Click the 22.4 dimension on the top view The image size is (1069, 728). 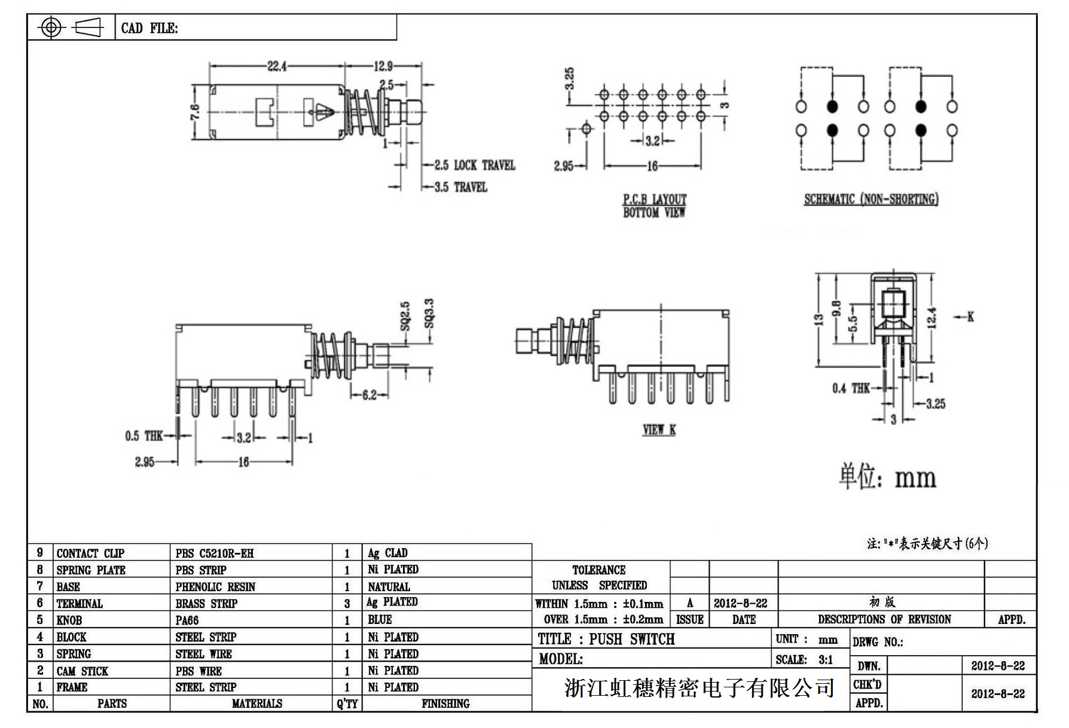point(277,66)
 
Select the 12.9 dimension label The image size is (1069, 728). point(383,66)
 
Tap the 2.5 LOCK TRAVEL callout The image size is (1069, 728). point(475,166)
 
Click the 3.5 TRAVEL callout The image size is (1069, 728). point(461,188)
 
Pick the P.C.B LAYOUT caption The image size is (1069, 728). point(655,200)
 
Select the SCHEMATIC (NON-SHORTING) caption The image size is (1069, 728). point(871,200)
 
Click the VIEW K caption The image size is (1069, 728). point(659,430)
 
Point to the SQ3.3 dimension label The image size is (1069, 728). point(429,313)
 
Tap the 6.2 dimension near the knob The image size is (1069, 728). point(369,395)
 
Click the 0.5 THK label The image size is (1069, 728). point(144,436)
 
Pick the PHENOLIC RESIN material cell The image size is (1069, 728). point(215,587)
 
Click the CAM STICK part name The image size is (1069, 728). point(83,671)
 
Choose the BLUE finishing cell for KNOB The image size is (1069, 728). point(380,620)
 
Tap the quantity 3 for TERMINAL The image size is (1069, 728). point(347,604)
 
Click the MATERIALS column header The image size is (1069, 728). point(257,704)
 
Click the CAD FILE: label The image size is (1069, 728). point(149,28)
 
